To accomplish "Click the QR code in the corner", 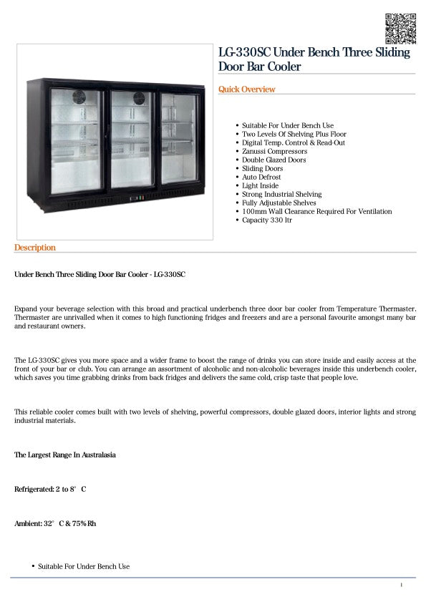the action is (400, 27).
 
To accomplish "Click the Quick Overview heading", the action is (247, 89).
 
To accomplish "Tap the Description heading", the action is (34, 248).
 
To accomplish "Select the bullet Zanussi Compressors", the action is (274, 152).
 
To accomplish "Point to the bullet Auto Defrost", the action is (261, 178).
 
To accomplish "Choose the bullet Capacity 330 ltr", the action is (267, 220).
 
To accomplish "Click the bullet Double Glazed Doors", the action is (273, 160).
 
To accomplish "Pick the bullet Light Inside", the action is (261, 186).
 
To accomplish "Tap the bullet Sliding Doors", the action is (262, 169).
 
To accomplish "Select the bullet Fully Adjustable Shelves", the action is (279, 203).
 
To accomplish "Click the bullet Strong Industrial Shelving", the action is (281, 195).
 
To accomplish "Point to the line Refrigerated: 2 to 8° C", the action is (50, 490).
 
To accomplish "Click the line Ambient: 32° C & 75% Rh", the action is (55, 524).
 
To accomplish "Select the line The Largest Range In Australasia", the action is (65, 455).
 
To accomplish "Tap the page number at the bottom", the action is (402, 586).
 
